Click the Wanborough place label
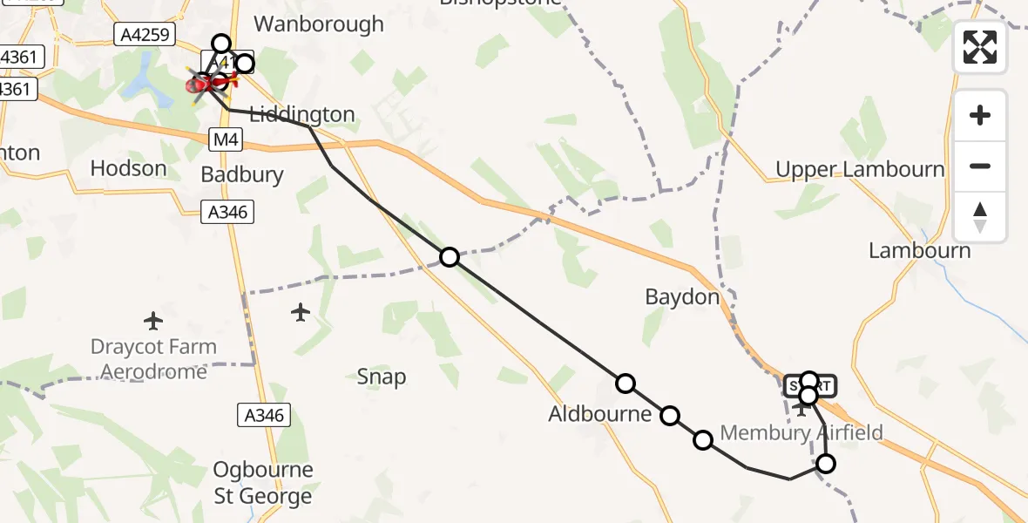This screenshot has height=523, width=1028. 318,24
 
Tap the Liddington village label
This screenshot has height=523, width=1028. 302,114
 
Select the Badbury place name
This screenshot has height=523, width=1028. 242,174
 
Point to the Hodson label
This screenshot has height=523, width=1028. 128,168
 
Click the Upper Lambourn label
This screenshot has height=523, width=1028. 860,169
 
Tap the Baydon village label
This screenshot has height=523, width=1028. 682,297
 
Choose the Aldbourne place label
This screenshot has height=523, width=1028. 599,414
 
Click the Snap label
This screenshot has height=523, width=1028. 382,377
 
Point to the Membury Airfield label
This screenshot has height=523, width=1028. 801,432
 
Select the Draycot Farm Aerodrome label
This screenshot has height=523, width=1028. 153,359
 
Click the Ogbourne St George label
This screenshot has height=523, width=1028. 263,483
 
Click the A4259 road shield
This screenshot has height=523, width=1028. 145,36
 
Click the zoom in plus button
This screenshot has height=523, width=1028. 980,115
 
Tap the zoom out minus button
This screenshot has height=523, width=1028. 980,166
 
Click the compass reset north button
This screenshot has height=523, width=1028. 980,216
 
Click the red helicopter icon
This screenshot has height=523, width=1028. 200,85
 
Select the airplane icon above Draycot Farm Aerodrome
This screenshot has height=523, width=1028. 153,321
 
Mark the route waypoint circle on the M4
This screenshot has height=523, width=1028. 449,256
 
